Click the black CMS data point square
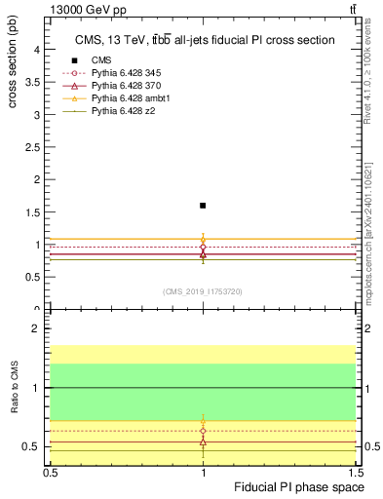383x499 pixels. (x=203, y=206)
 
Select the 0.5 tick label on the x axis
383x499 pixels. (x=51, y=472)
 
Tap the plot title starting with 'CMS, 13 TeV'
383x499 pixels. (x=205, y=40)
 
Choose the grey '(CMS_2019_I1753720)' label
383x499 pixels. (x=204, y=291)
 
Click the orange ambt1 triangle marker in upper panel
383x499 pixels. (x=203, y=239)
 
